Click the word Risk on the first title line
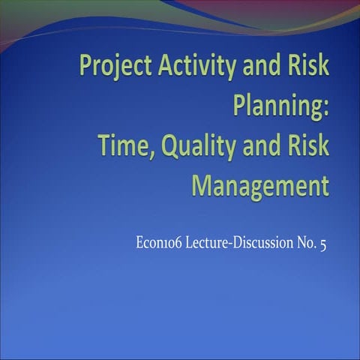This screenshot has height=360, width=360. (x=308, y=67)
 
